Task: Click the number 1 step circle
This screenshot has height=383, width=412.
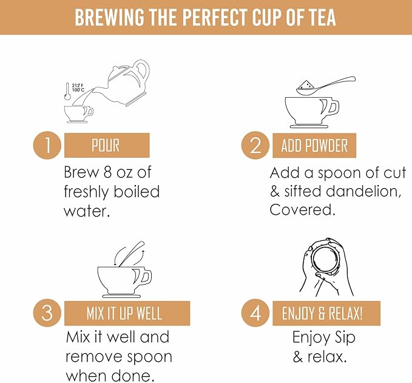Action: pos(47,145)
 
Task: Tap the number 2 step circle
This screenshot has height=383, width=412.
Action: pos(255,145)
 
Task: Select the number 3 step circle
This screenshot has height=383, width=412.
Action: pos(47,313)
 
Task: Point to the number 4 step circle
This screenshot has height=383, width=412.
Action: pos(255,313)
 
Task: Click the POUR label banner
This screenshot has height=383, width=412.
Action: pos(107,145)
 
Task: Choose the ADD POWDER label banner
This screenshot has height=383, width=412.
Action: pos(314,145)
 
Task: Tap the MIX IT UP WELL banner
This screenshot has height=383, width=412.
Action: pos(127,313)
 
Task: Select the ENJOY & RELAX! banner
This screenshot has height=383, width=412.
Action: pos(326,313)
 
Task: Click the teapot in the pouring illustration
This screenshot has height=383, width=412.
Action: pos(124,81)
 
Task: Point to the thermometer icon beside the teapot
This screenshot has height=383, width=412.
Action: pos(67,92)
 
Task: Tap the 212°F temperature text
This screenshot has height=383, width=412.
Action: pos(78,86)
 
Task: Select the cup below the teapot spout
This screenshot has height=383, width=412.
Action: pos(79,115)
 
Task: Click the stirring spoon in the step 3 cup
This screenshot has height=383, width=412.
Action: pos(131,254)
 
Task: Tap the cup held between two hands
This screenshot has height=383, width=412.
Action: pos(325,261)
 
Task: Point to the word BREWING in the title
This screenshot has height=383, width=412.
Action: pos(109,18)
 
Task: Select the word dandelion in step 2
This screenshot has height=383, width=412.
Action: pos(363,191)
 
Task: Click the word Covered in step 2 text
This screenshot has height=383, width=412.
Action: pos(302,210)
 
